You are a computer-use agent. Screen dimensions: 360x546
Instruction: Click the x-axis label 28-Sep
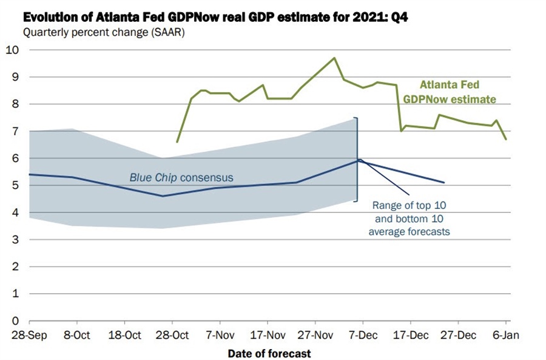coord(29,335)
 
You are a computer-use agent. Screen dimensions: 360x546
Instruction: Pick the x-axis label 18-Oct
coord(125,335)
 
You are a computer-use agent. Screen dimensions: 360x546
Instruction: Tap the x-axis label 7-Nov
coord(220,335)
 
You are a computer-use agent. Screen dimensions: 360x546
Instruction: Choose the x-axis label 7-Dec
coord(363,335)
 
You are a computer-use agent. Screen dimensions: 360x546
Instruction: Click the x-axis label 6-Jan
coord(507,335)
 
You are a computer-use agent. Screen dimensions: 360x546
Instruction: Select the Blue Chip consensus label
coord(181,177)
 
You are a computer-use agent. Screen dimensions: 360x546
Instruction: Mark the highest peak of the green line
coord(334,58)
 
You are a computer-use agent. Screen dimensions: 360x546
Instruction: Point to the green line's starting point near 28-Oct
coord(177,142)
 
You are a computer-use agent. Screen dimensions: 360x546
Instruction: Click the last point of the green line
coord(507,139)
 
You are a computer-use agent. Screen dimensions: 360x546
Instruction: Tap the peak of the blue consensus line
coord(359,160)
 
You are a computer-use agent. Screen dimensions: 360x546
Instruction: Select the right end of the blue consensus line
coord(444,182)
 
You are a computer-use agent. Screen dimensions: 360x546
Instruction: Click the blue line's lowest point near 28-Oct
coord(163,195)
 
